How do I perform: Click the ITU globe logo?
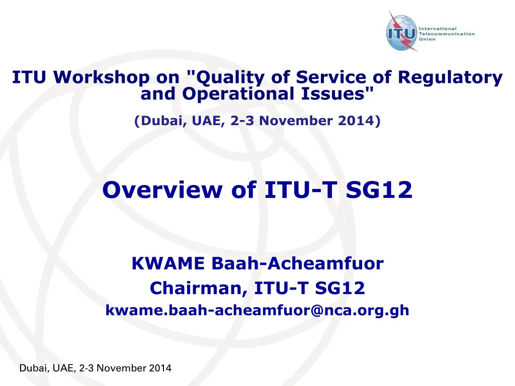pyautogui.click(x=402, y=32)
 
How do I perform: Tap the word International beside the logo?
pyautogui.click(x=438, y=29)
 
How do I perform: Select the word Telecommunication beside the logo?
pyautogui.click(x=447, y=34)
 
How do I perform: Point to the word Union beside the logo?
pyautogui.click(x=427, y=39)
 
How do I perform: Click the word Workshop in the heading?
pyautogui.click(x=101, y=77)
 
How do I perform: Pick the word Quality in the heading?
pyautogui.click(x=230, y=78)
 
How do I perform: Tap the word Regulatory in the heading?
pyautogui.click(x=450, y=78)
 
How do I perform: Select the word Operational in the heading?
pyautogui.click(x=238, y=94)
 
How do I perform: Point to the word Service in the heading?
pyautogui.click(x=331, y=77)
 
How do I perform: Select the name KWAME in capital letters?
pyautogui.click(x=168, y=263)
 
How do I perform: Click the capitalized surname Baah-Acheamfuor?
pyautogui.click(x=298, y=263)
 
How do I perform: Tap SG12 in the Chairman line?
pyautogui.click(x=340, y=288)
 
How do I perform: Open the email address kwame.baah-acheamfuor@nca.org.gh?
pyautogui.click(x=257, y=310)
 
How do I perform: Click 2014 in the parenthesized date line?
pyautogui.click(x=357, y=121)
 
